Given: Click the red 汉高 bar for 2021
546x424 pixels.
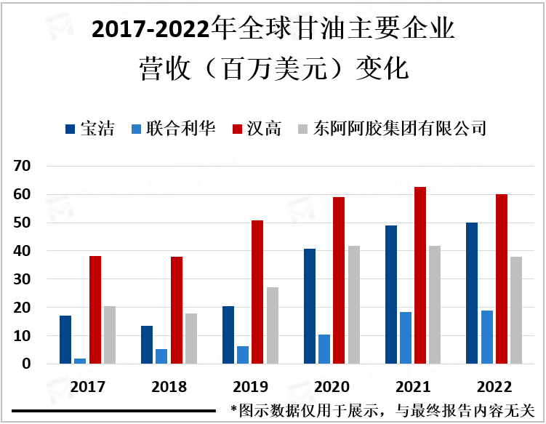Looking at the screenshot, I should [420, 276].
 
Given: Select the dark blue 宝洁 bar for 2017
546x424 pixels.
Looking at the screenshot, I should [65, 340].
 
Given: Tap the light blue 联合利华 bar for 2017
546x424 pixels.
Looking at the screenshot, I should [80, 361].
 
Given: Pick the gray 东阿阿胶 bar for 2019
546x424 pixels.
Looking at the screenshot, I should [272, 325].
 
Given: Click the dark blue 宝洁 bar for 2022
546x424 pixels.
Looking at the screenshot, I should [472, 293].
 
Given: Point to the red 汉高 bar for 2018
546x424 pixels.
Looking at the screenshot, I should [177, 311].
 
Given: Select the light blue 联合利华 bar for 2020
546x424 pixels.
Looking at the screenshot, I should [324, 349].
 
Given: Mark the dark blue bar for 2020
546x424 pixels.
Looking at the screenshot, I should [310, 306].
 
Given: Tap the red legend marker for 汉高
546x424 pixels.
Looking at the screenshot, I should [236, 129].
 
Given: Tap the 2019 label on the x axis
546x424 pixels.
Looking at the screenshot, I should [250, 386].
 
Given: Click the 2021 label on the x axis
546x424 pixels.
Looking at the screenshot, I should [413, 386].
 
